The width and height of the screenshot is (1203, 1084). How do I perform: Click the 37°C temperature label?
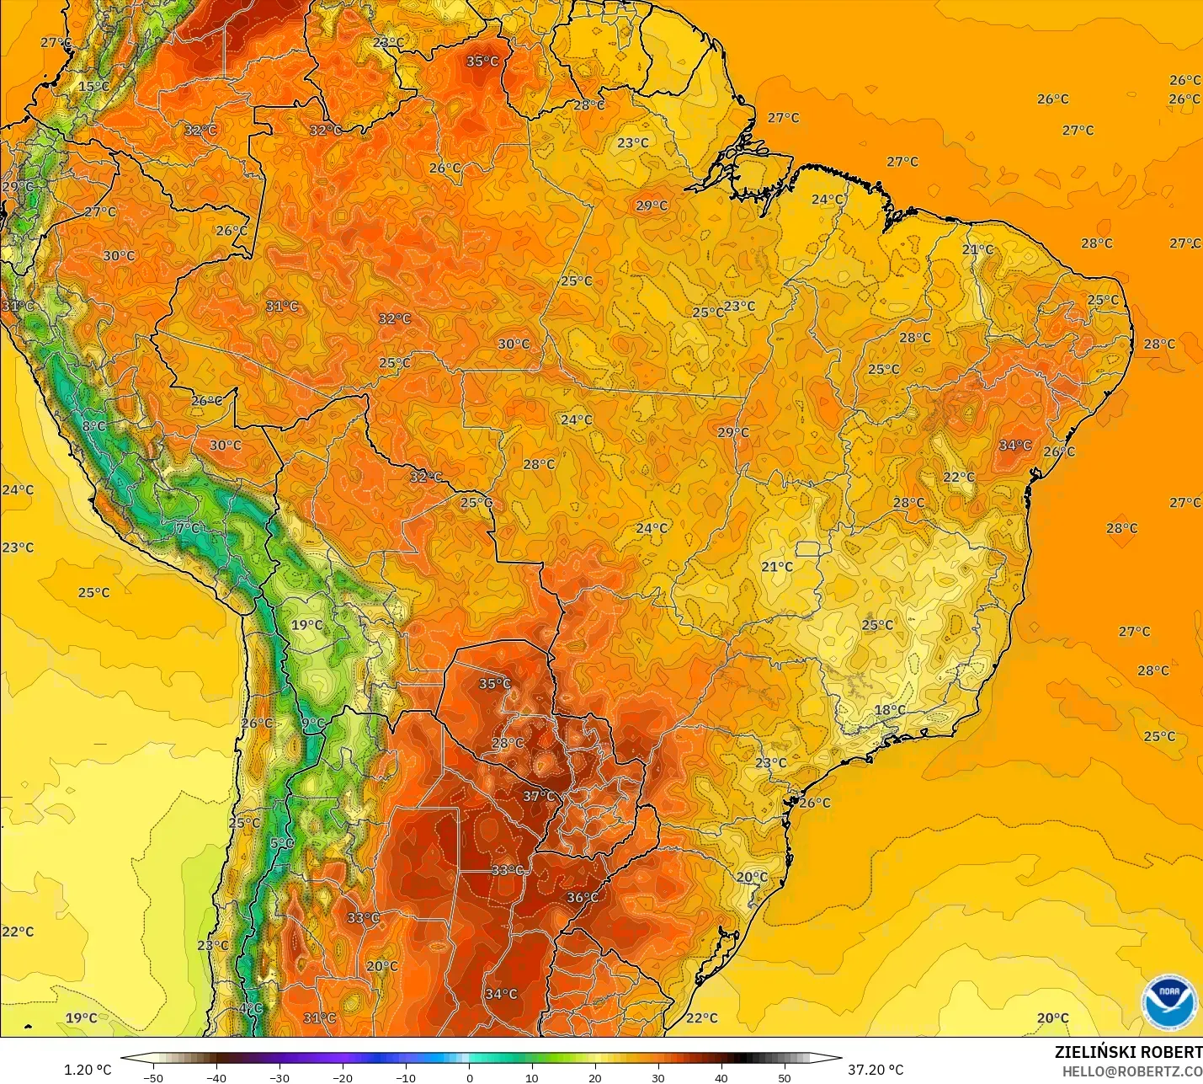pos(539,796)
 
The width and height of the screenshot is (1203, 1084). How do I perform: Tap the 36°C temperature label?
pos(582,898)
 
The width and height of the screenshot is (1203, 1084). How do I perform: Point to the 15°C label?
pos(93,87)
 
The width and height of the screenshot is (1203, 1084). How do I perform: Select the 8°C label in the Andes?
pos(94,427)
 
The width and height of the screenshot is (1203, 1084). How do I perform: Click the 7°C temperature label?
pos(189,528)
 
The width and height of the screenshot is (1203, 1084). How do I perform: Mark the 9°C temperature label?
pos(313,723)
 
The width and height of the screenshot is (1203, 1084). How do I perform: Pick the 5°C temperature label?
pos(282,843)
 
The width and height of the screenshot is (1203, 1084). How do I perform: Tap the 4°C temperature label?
pos(251,1008)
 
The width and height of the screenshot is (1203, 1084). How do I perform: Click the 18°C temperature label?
pos(890,710)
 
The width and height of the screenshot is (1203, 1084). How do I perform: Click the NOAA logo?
pos(1169,1002)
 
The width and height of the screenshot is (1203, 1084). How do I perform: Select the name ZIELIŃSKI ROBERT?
pos(1128,1053)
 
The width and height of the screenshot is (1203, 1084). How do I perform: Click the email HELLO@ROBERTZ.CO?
pos(1131,1071)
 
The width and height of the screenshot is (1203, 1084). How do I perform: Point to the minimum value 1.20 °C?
pos(88,1070)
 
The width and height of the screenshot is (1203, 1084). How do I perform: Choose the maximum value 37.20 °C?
pos(876,1070)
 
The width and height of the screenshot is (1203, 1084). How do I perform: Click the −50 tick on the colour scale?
pos(153,1077)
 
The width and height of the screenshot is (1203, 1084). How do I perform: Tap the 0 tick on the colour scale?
pos(469,1077)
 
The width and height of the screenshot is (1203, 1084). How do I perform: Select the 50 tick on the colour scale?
pos(785,1077)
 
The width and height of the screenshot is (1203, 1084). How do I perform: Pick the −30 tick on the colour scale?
pos(279,1077)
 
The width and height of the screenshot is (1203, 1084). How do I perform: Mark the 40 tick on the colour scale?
pos(721,1077)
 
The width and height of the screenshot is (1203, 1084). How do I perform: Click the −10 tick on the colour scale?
pos(406,1077)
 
